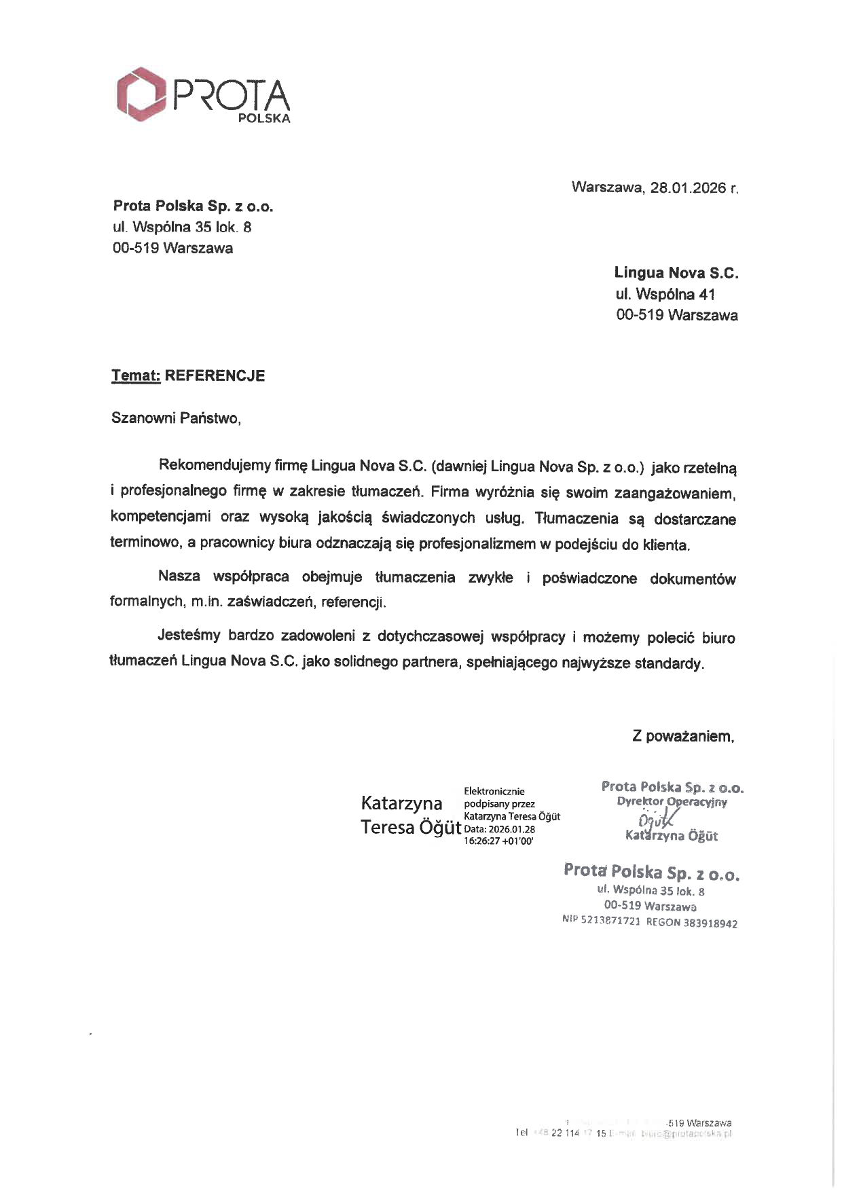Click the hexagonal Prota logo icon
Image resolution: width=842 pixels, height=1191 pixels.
coord(141,94)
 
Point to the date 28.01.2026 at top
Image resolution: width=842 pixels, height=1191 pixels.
coord(688,187)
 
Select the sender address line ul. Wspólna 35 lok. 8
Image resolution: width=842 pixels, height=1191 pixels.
coord(182,227)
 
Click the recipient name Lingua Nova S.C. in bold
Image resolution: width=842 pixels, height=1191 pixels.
coord(676,273)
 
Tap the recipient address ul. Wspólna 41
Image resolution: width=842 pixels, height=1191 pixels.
coord(665,294)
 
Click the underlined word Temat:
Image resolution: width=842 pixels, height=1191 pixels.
coord(136,375)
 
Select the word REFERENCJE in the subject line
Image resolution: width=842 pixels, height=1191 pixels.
coord(215,375)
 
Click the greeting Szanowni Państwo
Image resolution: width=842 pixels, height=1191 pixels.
coord(176,418)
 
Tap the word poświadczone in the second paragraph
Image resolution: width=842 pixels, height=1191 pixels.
coord(589,578)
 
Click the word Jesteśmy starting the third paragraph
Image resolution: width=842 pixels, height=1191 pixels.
coord(189,636)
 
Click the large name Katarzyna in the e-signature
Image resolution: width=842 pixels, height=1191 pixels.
coord(402,803)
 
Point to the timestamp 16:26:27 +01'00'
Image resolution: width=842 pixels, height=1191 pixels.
coord(498,841)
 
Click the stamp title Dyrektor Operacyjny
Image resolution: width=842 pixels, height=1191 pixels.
coord(672,802)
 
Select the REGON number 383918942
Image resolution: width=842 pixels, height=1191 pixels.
coord(710,923)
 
